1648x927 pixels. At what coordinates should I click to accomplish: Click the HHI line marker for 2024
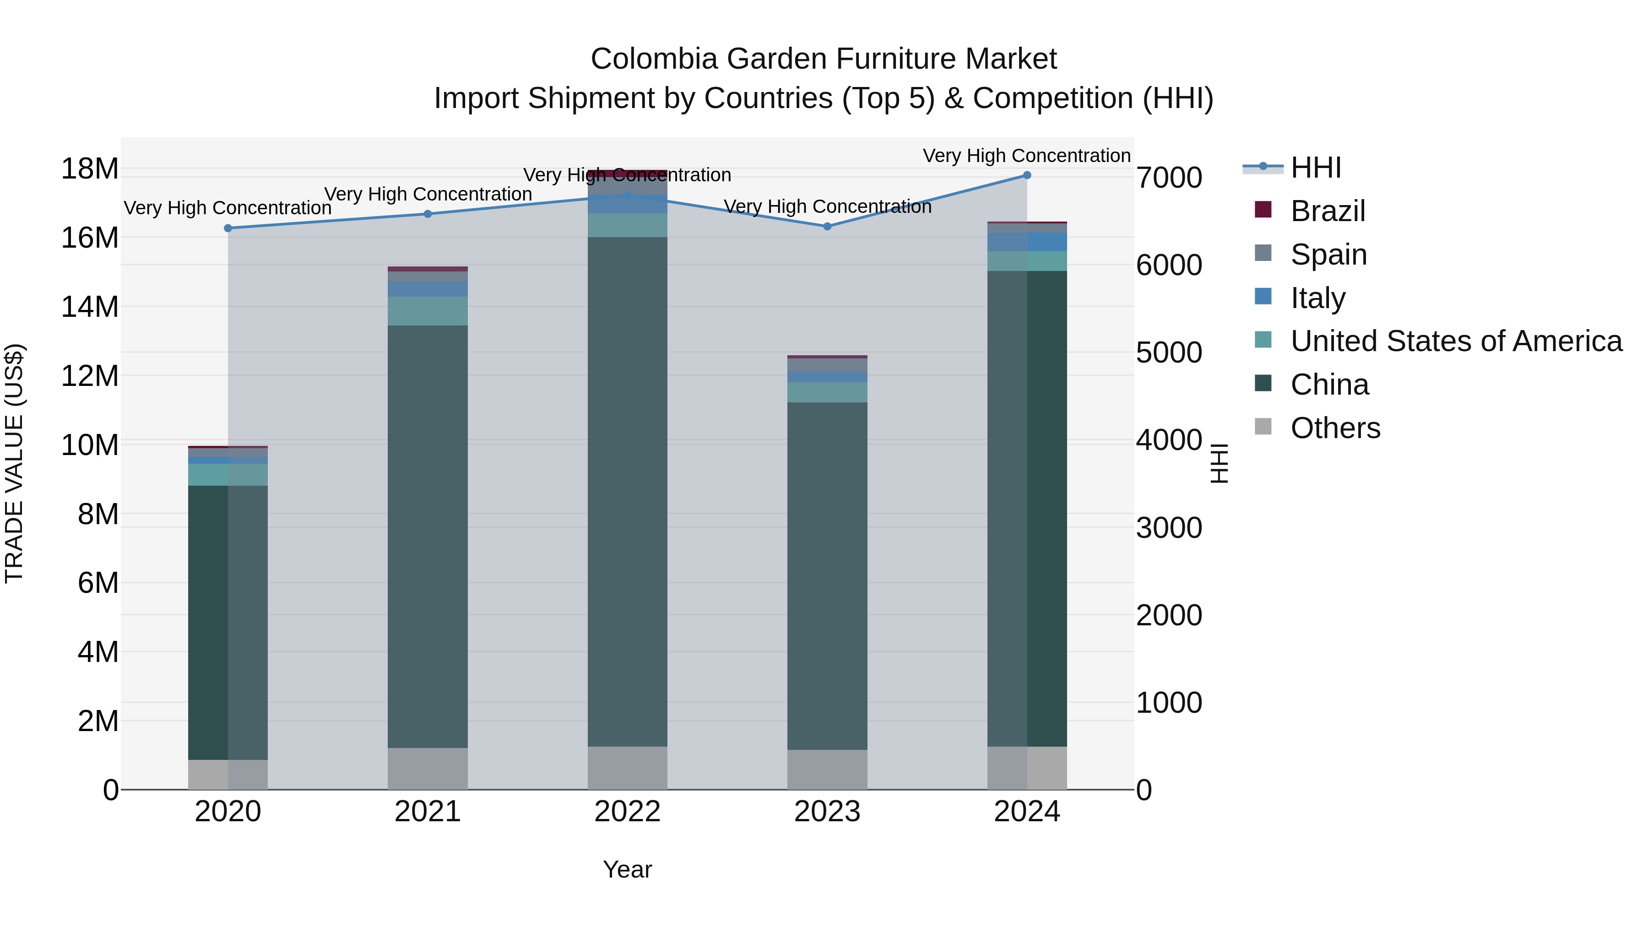point(1027,175)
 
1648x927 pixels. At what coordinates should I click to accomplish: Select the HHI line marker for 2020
point(228,228)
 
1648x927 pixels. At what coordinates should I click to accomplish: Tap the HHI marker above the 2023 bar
point(827,227)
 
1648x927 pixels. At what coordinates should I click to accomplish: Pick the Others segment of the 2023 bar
point(827,770)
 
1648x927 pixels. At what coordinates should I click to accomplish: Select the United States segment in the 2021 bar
point(428,311)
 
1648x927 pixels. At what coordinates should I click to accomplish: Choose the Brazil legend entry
point(1328,211)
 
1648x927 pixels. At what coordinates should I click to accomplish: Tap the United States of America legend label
point(1455,342)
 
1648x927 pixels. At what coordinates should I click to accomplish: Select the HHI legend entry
point(1315,168)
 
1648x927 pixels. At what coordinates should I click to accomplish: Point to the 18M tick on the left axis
point(90,169)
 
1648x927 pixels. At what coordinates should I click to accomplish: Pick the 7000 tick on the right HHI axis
point(1169,178)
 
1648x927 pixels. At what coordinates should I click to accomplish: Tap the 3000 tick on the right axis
point(1169,528)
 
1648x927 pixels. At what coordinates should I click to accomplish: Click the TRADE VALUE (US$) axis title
point(14,463)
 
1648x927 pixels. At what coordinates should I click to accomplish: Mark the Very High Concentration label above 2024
point(1026,156)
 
